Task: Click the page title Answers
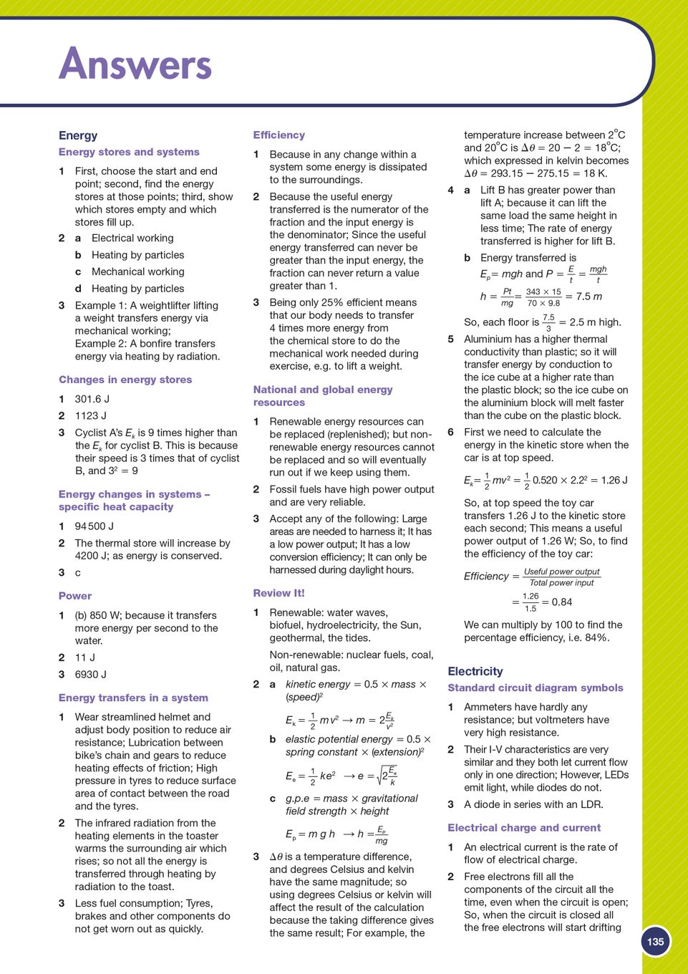[x=135, y=64]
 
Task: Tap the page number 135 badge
[x=655, y=942]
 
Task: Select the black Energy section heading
[x=78, y=135]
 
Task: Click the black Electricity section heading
[x=475, y=671]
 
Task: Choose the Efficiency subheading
[x=278, y=135]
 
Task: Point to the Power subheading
[x=75, y=595]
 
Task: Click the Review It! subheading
[x=278, y=593]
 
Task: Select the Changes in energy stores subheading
[x=125, y=380]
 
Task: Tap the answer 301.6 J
[x=92, y=399]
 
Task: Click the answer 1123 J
[x=91, y=415]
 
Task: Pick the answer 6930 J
[x=91, y=674]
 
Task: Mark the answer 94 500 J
[x=95, y=526]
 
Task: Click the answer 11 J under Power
[x=85, y=657]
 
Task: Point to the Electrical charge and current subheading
[x=524, y=827]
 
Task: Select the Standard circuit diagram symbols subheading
[x=536, y=688]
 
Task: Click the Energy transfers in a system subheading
[x=133, y=698]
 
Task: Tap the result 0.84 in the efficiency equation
[x=562, y=602]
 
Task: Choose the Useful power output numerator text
[x=562, y=572]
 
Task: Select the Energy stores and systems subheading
[x=129, y=152]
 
